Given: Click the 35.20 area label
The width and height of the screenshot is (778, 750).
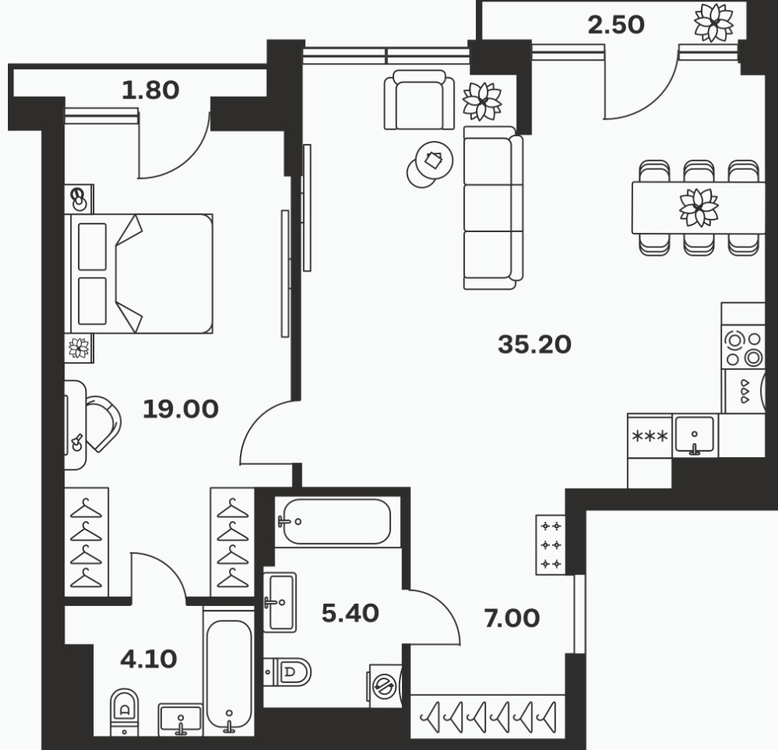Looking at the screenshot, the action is click(x=534, y=344).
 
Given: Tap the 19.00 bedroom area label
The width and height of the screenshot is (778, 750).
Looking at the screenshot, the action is click(x=181, y=409).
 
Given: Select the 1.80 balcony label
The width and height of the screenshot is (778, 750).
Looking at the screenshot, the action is click(x=150, y=91).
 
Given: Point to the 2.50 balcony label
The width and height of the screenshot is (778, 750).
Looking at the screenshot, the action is click(x=616, y=24).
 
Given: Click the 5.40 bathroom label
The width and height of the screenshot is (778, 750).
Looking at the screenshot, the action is click(x=350, y=613).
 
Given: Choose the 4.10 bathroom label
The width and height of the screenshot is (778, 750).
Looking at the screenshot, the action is click(x=149, y=659).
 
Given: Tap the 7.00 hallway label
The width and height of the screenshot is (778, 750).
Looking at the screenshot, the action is click(x=512, y=618).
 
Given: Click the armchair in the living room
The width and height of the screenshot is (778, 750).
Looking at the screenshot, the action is click(x=419, y=100).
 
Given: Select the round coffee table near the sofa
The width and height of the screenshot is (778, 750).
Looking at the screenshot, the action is click(x=434, y=160).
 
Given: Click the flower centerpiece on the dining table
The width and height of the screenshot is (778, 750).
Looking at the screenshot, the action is click(x=699, y=208).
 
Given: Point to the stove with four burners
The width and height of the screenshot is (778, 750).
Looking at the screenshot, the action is click(x=743, y=349).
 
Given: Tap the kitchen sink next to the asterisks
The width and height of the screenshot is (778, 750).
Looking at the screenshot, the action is click(x=695, y=435).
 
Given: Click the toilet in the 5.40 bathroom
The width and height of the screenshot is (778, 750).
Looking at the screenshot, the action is click(x=287, y=672).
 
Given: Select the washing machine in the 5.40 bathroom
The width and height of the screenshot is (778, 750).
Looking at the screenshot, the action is click(x=385, y=686).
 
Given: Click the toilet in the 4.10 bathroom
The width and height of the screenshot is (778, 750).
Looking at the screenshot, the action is click(x=124, y=711).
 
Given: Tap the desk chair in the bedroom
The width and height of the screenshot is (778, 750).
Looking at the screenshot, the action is click(x=103, y=423).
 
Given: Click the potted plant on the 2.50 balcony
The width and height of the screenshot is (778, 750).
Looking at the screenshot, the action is click(x=713, y=22).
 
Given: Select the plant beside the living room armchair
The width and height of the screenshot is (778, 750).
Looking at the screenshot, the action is click(x=481, y=102).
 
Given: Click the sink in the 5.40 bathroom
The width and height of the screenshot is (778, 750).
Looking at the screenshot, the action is click(x=280, y=602).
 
